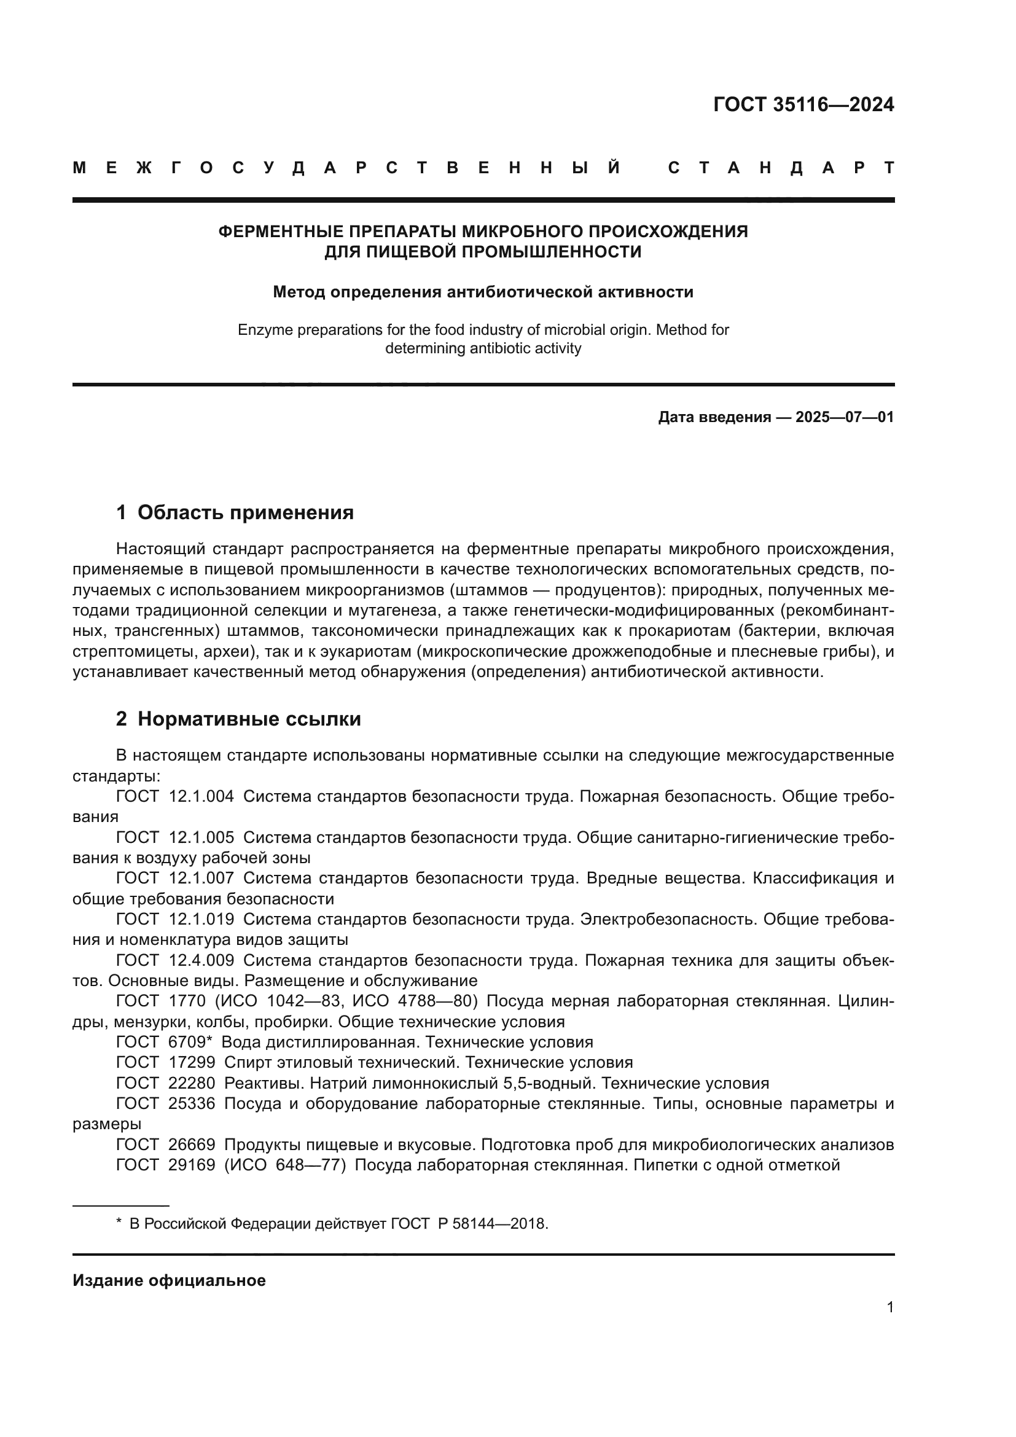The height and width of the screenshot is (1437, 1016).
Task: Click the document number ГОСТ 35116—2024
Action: point(803,104)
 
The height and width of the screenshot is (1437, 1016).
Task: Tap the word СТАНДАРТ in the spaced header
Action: point(781,168)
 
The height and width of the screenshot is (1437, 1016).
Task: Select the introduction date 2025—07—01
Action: point(845,417)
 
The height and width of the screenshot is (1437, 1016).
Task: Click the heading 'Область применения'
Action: point(245,512)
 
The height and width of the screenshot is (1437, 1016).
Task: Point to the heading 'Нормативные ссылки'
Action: point(249,719)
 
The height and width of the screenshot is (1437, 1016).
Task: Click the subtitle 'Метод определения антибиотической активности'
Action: point(483,292)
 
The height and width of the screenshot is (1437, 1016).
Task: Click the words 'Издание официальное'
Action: point(169,1280)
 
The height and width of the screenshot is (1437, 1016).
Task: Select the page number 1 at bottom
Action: point(889,1307)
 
